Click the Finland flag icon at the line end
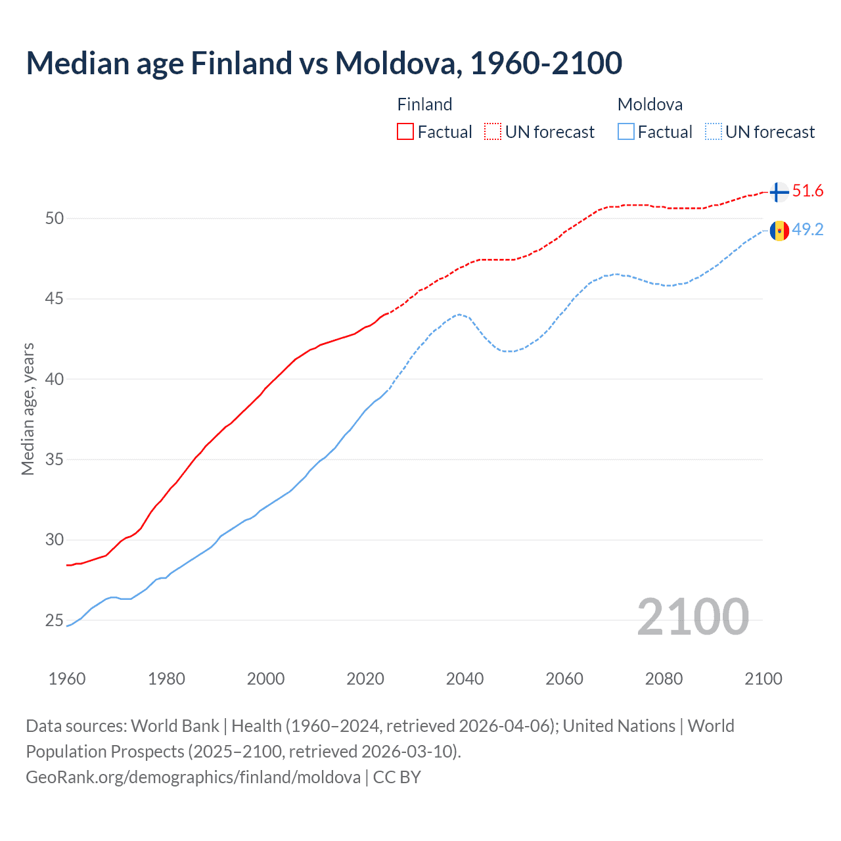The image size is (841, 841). [x=779, y=192]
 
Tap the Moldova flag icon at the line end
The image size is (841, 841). [x=779, y=231]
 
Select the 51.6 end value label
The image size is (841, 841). [x=807, y=191]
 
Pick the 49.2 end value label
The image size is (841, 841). [x=807, y=229]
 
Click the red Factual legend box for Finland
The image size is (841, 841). [x=405, y=132]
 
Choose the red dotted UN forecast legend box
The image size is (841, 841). [x=493, y=132]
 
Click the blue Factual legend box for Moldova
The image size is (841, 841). [x=626, y=132]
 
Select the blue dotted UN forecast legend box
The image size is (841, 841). [x=714, y=132]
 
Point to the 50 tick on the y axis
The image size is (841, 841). [x=55, y=218]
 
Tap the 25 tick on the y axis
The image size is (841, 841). [x=55, y=620]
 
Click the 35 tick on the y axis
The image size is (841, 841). [x=55, y=459]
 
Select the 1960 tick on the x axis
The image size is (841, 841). [x=67, y=679]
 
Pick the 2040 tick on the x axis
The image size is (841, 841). [x=465, y=679]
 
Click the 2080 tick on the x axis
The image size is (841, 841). [x=664, y=679]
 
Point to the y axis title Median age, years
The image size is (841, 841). [x=28, y=409]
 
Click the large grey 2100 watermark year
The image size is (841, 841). [x=693, y=616]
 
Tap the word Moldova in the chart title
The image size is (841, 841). [x=394, y=63]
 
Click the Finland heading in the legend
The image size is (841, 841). [x=424, y=104]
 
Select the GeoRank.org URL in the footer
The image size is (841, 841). [x=193, y=777]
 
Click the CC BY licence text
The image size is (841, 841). [x=397, y=777]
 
